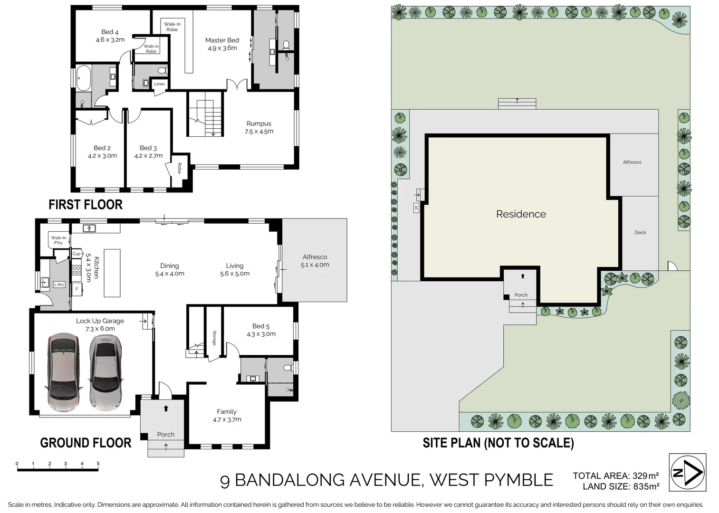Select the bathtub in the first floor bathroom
point(84,78)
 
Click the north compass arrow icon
point(688,472)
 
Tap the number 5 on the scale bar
point(98,464)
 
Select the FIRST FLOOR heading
point(86,205)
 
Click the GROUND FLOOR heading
point(86,443)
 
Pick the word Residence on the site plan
point(521,214)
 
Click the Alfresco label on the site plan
point(632,162)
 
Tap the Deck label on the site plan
point(640,233)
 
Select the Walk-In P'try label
point(58,240)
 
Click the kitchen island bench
point(112,273)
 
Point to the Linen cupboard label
point(160,84)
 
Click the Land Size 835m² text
point(621,486)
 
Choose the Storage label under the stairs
point(214,338)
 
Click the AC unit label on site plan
point(416,208)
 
